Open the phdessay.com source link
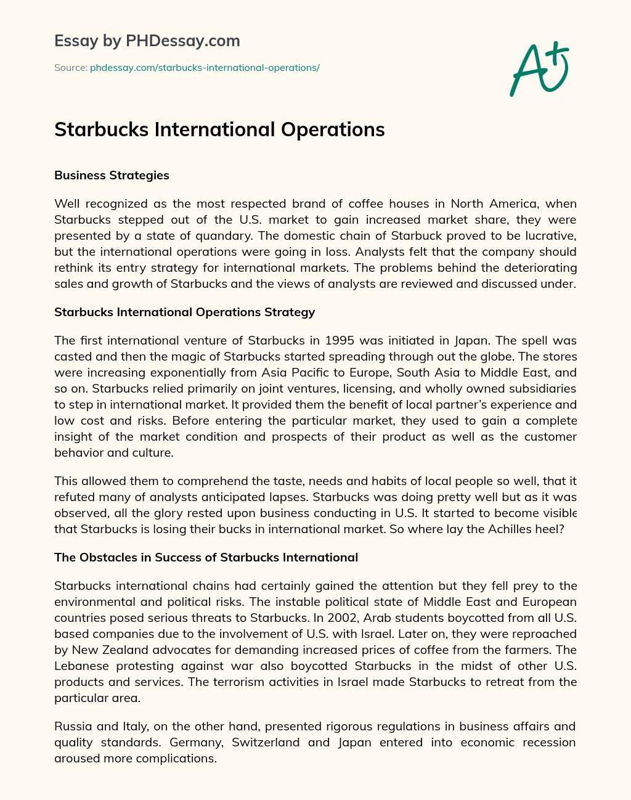tap(205, 68)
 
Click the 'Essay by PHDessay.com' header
tap(147, 41)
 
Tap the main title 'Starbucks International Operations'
tap(219, 129)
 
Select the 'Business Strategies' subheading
tap(112, 176)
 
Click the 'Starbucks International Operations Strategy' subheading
tap(184, 312)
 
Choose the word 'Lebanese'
tap(81, 666)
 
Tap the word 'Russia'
tap(71, 726)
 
